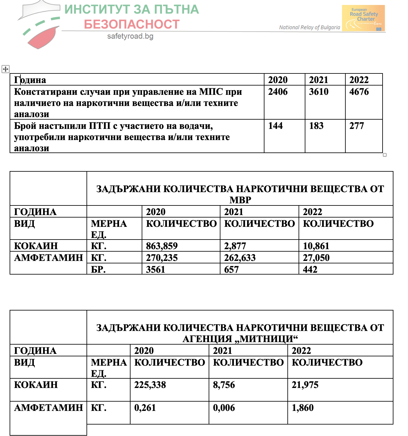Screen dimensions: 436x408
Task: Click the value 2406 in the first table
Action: (x=278, y=92)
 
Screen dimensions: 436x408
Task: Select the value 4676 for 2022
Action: (x=359, y=92)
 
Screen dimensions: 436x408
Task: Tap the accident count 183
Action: (x=316, y=126)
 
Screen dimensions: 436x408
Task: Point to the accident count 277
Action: (x=357, y=126)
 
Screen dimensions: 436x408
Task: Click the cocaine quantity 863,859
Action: (x=162, y=246)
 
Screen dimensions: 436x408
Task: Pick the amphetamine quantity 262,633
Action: (x=240, y=258)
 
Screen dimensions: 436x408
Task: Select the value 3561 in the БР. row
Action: (x=156, y=270)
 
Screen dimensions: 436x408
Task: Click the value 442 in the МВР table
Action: (x=310, y=270)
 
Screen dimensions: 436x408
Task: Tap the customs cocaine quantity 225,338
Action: (x=150, y=385)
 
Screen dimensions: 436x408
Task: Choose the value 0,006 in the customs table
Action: (x=224, y=408)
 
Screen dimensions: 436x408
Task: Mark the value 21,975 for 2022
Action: (x=305, y=385)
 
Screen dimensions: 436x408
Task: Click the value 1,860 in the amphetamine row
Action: (x=303, y=408)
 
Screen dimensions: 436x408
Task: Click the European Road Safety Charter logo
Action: (x=363, y=18)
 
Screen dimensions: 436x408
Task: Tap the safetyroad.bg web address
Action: (x=130, y=36)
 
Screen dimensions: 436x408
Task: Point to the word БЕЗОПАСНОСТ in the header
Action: (x=132, y=24)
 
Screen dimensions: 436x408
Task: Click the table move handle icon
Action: (x=6, y=69)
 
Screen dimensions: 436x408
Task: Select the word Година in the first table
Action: (x=30, y=80)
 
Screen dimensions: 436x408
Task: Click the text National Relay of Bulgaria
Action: (x=309, y=27)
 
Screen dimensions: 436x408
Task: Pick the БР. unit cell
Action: (x=98, y=270)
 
